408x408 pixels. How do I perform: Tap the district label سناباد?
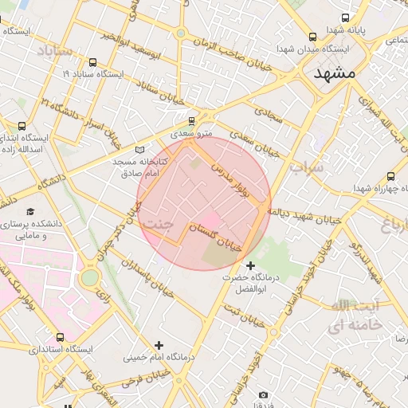[x=55, y=52]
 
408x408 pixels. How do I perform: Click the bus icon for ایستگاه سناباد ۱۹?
[x=93, y=62]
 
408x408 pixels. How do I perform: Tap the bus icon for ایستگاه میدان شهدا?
[x=312, y=37]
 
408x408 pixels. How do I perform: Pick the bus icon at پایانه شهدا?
[x=345, y=18]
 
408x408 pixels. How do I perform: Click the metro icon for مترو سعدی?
[x=191, y=121]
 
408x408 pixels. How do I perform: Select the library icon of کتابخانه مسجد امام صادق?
[x=141, y=149]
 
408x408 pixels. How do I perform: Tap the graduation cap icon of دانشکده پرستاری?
[x=30, y=212]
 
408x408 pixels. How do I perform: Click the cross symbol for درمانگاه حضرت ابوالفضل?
[x=251, y=265]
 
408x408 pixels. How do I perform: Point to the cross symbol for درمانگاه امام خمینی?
[x=159, y=345]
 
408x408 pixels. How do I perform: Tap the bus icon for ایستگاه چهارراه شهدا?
[x=390, y=176]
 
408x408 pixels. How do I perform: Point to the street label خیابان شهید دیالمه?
[x=303, y=215]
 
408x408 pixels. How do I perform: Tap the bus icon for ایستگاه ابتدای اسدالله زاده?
[x=22, y=126]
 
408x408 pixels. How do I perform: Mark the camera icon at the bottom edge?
[x=264, y=394]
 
